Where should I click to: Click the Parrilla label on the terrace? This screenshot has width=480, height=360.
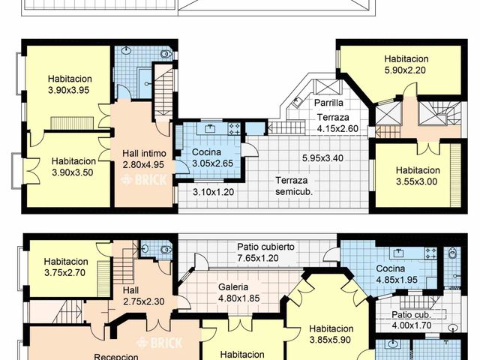(329, 103)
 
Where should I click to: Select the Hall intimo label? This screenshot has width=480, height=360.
(142, 154)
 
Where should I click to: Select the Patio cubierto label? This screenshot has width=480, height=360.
(265, 247)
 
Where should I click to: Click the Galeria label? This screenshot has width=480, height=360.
(234, 286)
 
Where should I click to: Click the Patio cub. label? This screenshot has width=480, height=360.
(412, 315)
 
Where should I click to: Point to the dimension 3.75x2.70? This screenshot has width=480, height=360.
(64, 272)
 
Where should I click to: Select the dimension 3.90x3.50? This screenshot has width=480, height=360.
(73, 172)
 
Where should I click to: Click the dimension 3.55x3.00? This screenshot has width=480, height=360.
(416, 181)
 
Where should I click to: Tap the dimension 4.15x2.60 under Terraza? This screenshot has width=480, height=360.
(337, 128)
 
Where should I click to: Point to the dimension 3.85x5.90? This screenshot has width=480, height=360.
(331, 339)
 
